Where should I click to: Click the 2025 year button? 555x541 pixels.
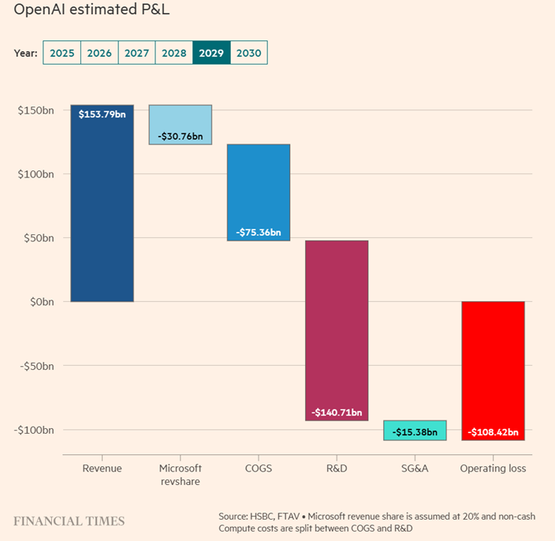pyautogui.click(x=61, y=53)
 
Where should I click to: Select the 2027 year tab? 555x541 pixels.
pyautogui.click(x=136, y=53)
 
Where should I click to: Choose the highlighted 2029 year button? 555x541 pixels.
pyautogui.click(x=211, y=53)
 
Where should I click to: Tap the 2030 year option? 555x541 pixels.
pyautogui.click(x=249, y=53)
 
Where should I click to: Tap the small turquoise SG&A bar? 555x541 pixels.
pyautogui.click(x=415, y=430)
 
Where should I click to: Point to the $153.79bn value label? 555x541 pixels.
pyautogui.click(x=102, y=114)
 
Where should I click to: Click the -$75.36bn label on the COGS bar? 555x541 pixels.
pyautogui.click(x=259, y=233)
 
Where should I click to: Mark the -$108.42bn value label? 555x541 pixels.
pyautogui.click(x=493, y=432)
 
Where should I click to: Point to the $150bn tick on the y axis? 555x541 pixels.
pyautogui.click(x=36, y=110)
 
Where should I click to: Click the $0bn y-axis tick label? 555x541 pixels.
pyautogui.click(x=41, y=301)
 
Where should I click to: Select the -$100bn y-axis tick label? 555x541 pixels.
pyautogui.click(x=35, y=430)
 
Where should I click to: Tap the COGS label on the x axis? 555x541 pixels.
pyautogui.click(x=259, y=468)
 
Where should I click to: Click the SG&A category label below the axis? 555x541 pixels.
pyautogui.click(x=415, y=468)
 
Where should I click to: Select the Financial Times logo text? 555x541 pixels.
pyautogui.click(x=69, y=521)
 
